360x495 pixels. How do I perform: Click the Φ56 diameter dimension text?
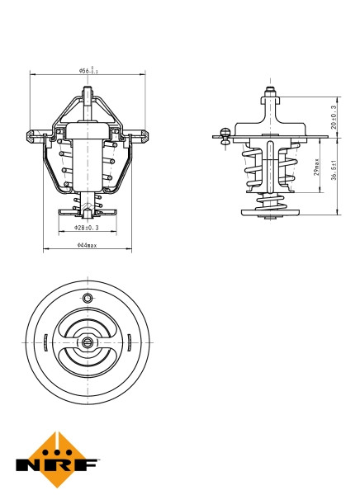tap(88, 71)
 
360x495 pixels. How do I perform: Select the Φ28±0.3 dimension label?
tap(87, 226)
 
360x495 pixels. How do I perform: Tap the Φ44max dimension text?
tap(87, 245)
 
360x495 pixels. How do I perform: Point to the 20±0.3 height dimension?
tap(334, 117)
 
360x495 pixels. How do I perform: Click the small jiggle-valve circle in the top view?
tap(88, 297)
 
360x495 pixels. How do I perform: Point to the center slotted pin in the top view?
tap(88, 342)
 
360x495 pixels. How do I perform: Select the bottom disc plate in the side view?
tap(270, 212)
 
